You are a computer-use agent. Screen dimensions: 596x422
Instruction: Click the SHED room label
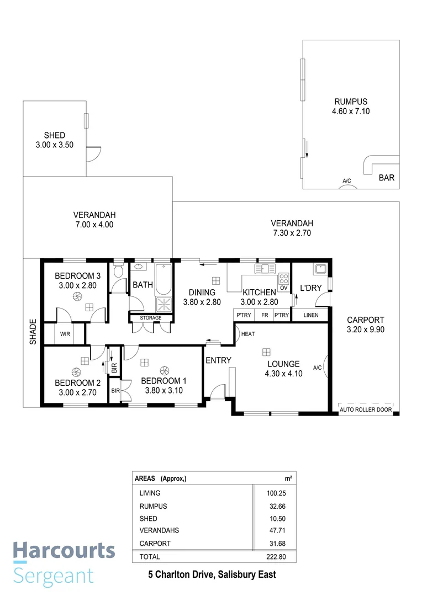pos(55,135)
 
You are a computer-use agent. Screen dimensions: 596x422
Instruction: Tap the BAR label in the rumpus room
pos(386,178)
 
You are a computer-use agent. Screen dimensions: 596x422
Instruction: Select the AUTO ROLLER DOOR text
pos(366,410)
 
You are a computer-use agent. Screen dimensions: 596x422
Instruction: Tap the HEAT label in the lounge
pos(247,334)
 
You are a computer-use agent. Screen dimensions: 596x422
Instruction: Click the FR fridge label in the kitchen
pos(265,315)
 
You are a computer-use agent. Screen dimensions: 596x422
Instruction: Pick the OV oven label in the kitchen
pos(283,288)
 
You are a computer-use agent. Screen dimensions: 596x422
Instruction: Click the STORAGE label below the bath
pos(150,318)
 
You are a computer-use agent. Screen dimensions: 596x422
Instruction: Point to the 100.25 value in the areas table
pos(279,493)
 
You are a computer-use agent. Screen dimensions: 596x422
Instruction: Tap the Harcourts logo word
pos(64,551)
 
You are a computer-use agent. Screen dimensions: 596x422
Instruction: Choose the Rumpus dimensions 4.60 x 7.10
pos(350,111)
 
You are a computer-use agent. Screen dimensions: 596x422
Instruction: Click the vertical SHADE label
pos(33,332)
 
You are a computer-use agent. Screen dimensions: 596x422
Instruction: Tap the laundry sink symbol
pos(320,270)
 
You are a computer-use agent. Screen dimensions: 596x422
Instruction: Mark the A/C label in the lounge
pos(318,368)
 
